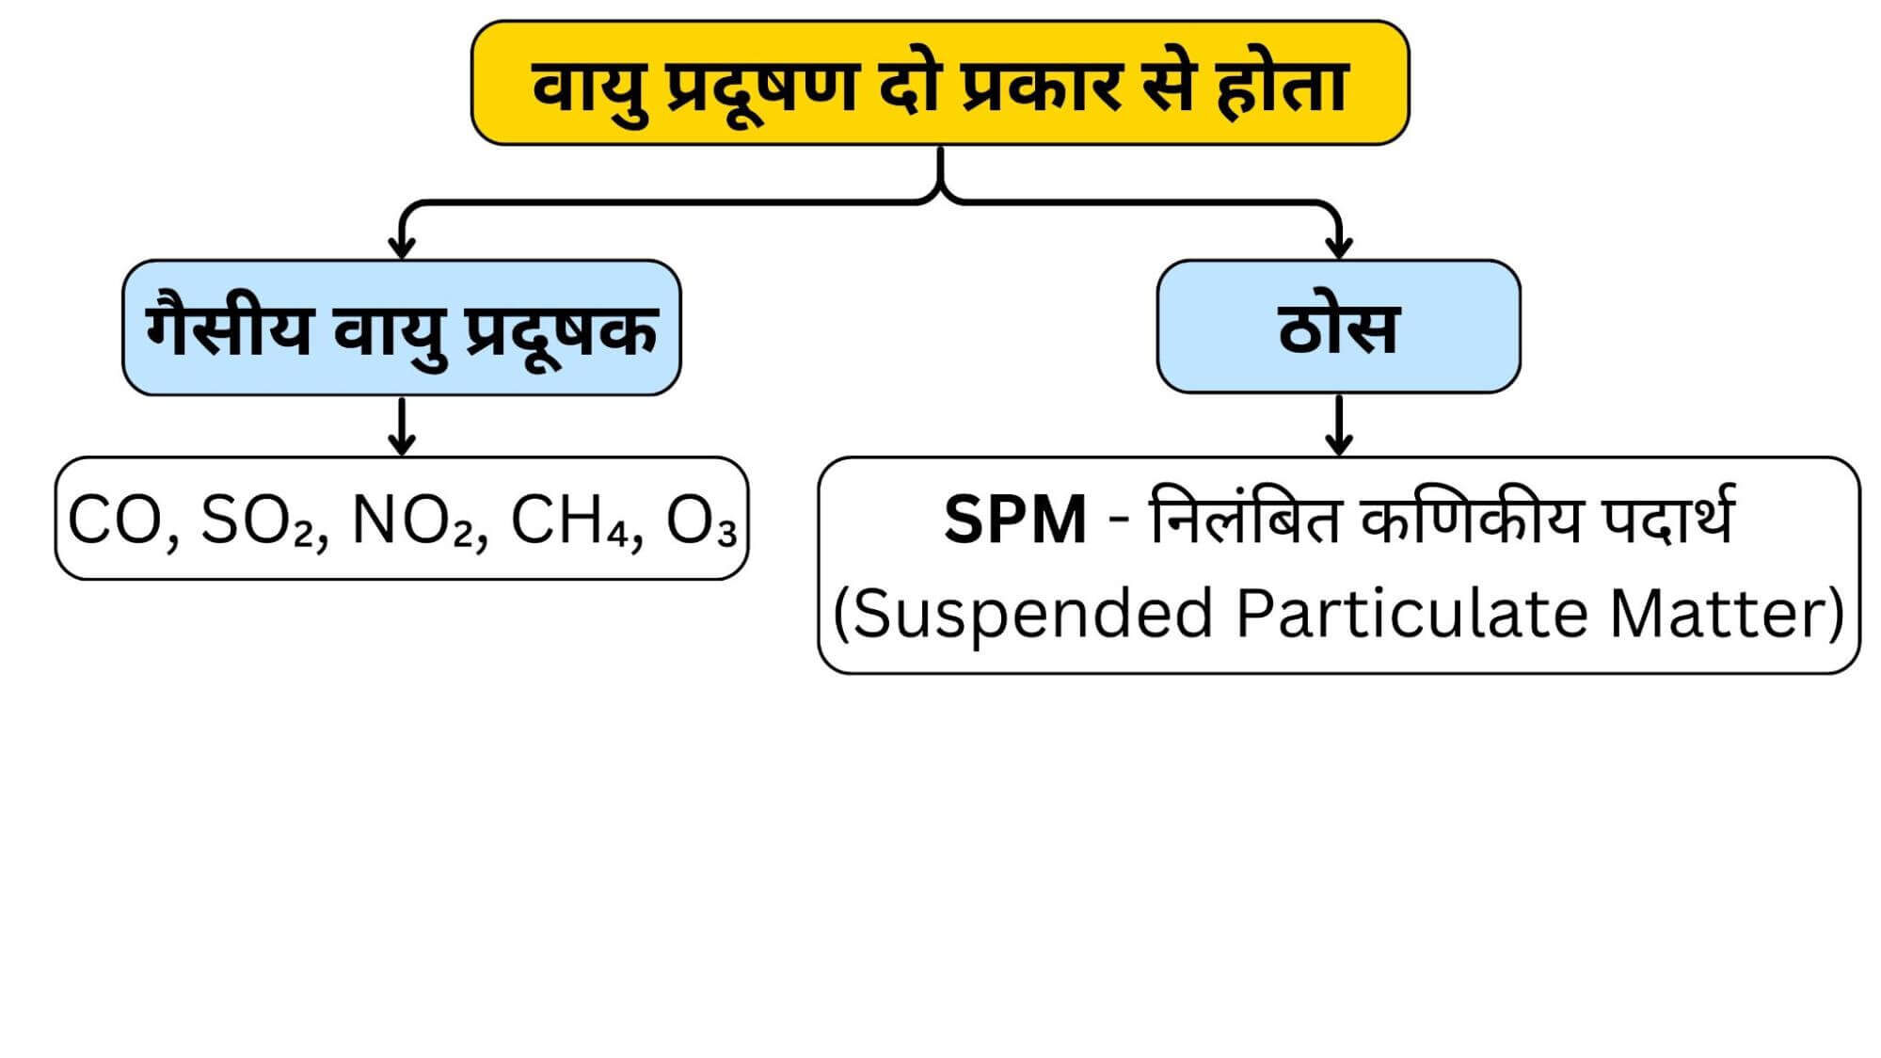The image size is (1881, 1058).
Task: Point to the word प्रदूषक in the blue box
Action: coord(562,331)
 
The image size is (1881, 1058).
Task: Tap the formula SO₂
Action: coord(258,520)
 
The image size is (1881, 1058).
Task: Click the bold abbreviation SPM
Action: coord(1014,520)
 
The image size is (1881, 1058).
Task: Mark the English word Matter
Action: coord(1718,614)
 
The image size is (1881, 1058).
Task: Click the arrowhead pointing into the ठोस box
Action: coord(1338,247)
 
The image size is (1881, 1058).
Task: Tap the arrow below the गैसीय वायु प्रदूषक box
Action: coord(402,428)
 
